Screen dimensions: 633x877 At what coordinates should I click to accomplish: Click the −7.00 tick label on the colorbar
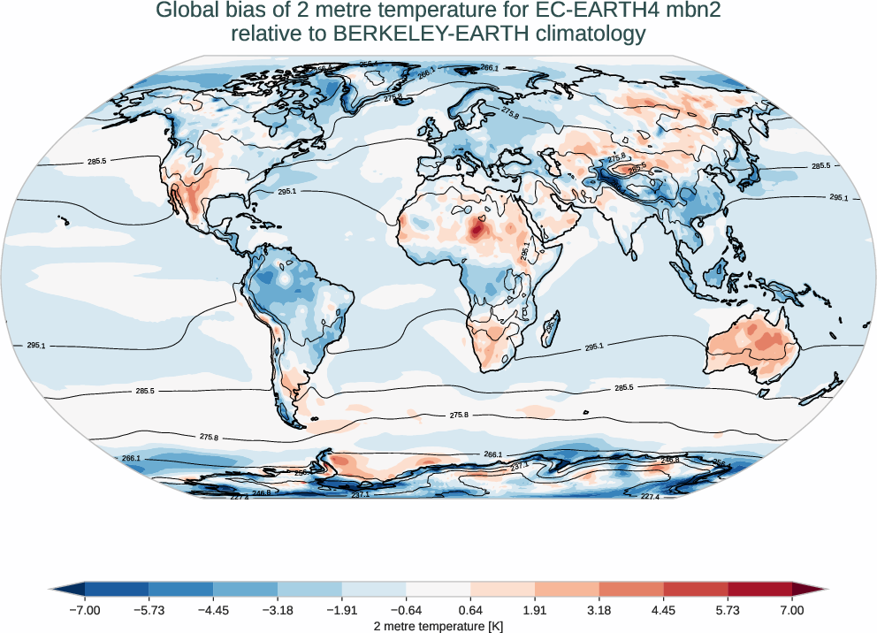[85, 610]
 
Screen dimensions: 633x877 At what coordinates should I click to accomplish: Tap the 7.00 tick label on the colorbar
[792, 610]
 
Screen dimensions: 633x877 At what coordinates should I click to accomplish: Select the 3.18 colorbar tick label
[599, 610]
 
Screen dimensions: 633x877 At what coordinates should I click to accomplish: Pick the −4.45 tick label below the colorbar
[213, 610]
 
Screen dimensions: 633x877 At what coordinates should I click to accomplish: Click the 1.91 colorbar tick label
[535, 610]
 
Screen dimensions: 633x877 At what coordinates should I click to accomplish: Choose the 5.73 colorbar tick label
[728, 610]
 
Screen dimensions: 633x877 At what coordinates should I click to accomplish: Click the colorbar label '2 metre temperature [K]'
[438, 625]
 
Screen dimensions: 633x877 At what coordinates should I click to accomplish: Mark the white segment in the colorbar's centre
[438, 589]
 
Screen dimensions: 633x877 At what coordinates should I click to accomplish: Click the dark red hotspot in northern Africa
[477, 232]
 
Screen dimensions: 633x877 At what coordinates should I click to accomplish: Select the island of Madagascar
[550, 324]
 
